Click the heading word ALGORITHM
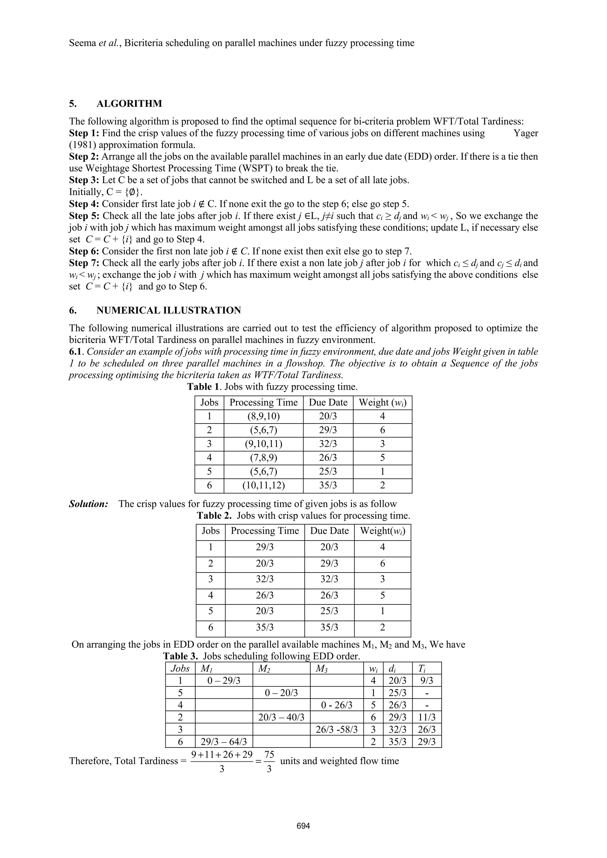point(129,104)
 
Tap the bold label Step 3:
point(84,180)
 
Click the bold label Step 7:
point(84,263)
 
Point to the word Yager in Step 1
point(525,133)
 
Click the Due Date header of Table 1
point(328,402)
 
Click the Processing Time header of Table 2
point(265,531)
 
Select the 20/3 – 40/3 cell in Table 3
point(281,717)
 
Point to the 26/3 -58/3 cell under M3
point(337,729)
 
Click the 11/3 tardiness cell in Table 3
point(427,717)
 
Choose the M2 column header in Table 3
point(264,668)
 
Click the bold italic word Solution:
point(89,504)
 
